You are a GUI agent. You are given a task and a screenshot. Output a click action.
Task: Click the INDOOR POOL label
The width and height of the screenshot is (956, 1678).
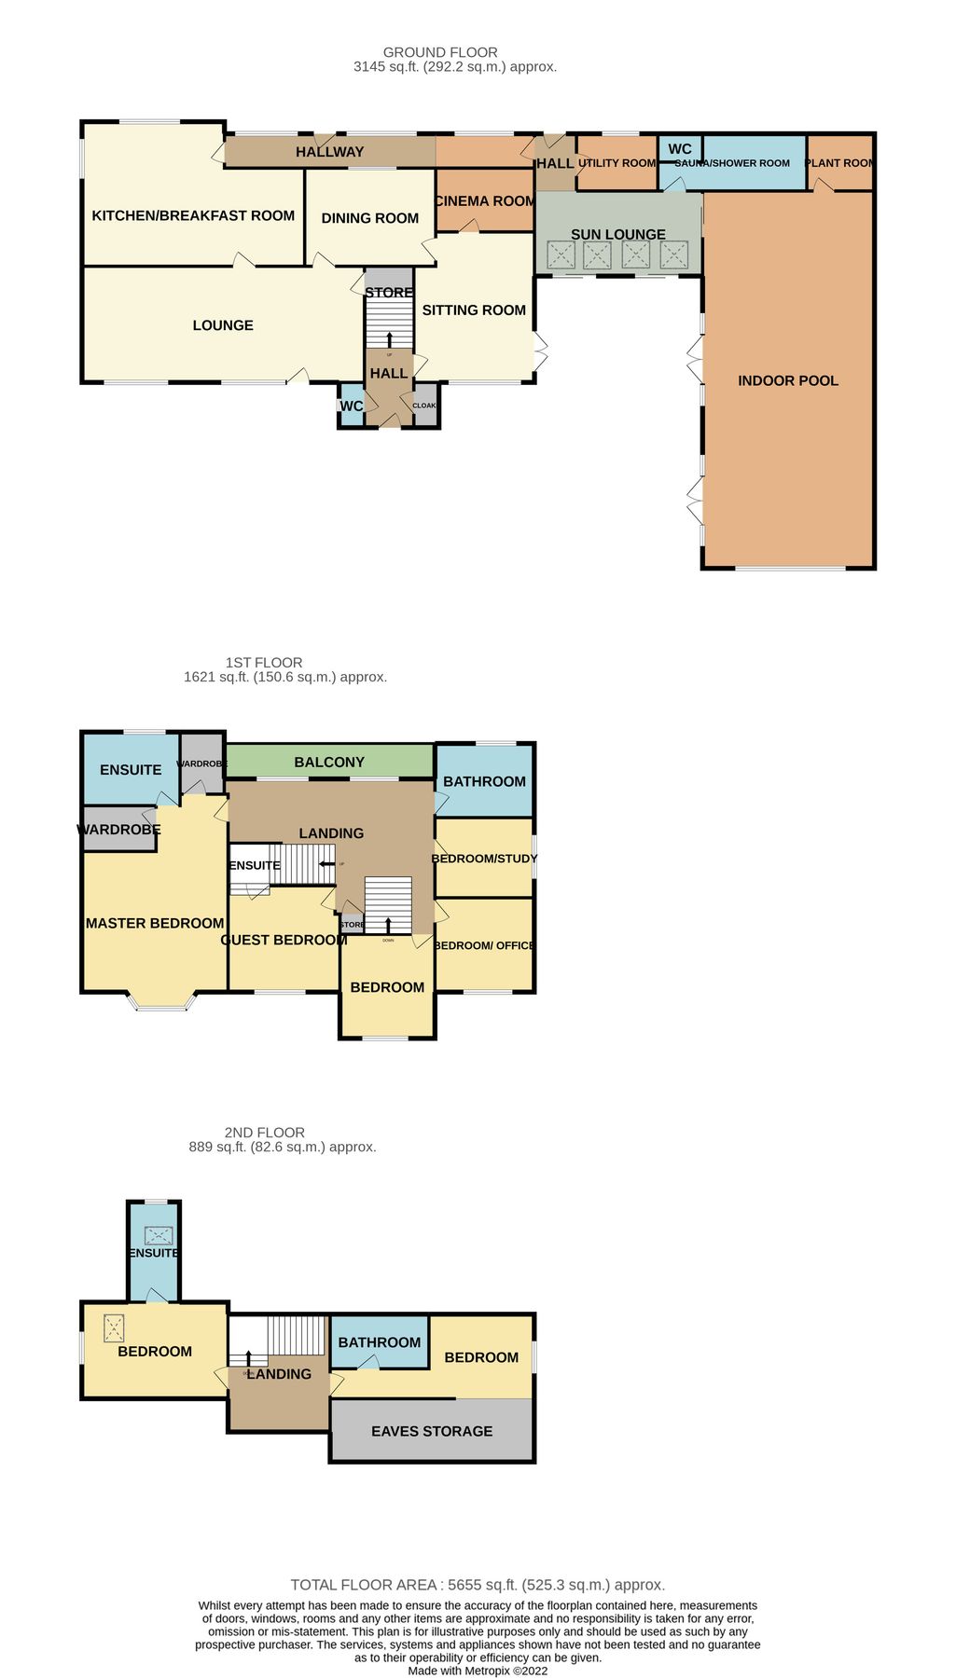787,380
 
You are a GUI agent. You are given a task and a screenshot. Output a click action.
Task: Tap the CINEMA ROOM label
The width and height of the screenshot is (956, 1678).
484,201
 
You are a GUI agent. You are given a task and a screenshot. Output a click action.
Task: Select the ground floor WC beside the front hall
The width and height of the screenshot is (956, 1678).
351,406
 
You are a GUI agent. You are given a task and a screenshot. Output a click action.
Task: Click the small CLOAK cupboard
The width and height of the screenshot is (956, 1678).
424,406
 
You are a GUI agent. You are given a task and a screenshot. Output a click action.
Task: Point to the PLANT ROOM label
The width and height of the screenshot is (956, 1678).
838,163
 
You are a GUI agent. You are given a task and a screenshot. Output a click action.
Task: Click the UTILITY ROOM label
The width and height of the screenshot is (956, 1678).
617,163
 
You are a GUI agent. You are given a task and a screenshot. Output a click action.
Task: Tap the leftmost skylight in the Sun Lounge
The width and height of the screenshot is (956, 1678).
561,254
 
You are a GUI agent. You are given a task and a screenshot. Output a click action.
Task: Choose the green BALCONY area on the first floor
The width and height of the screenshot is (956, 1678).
329,762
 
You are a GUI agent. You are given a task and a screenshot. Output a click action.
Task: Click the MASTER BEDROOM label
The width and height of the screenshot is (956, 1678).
155,923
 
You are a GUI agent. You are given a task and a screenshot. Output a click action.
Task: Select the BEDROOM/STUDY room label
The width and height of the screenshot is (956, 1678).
484,859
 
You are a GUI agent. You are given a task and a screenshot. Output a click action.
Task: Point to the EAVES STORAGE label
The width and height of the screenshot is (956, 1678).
431,1431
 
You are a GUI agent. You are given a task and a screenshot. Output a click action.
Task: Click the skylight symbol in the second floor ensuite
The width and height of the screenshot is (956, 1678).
159,1235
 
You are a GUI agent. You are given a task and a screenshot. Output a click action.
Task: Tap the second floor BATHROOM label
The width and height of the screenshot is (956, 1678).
379,1342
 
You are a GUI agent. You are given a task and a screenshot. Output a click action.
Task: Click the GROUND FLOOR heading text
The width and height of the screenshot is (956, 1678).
440,52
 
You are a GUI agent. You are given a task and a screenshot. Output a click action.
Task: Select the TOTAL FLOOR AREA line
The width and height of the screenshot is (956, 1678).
478,1585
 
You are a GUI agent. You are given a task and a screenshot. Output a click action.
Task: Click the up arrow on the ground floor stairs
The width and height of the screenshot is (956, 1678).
389,338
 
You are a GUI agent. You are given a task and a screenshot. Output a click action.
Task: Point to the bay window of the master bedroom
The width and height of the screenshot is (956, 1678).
163,1003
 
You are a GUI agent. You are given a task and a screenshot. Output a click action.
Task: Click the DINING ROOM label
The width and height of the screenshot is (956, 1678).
369,218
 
